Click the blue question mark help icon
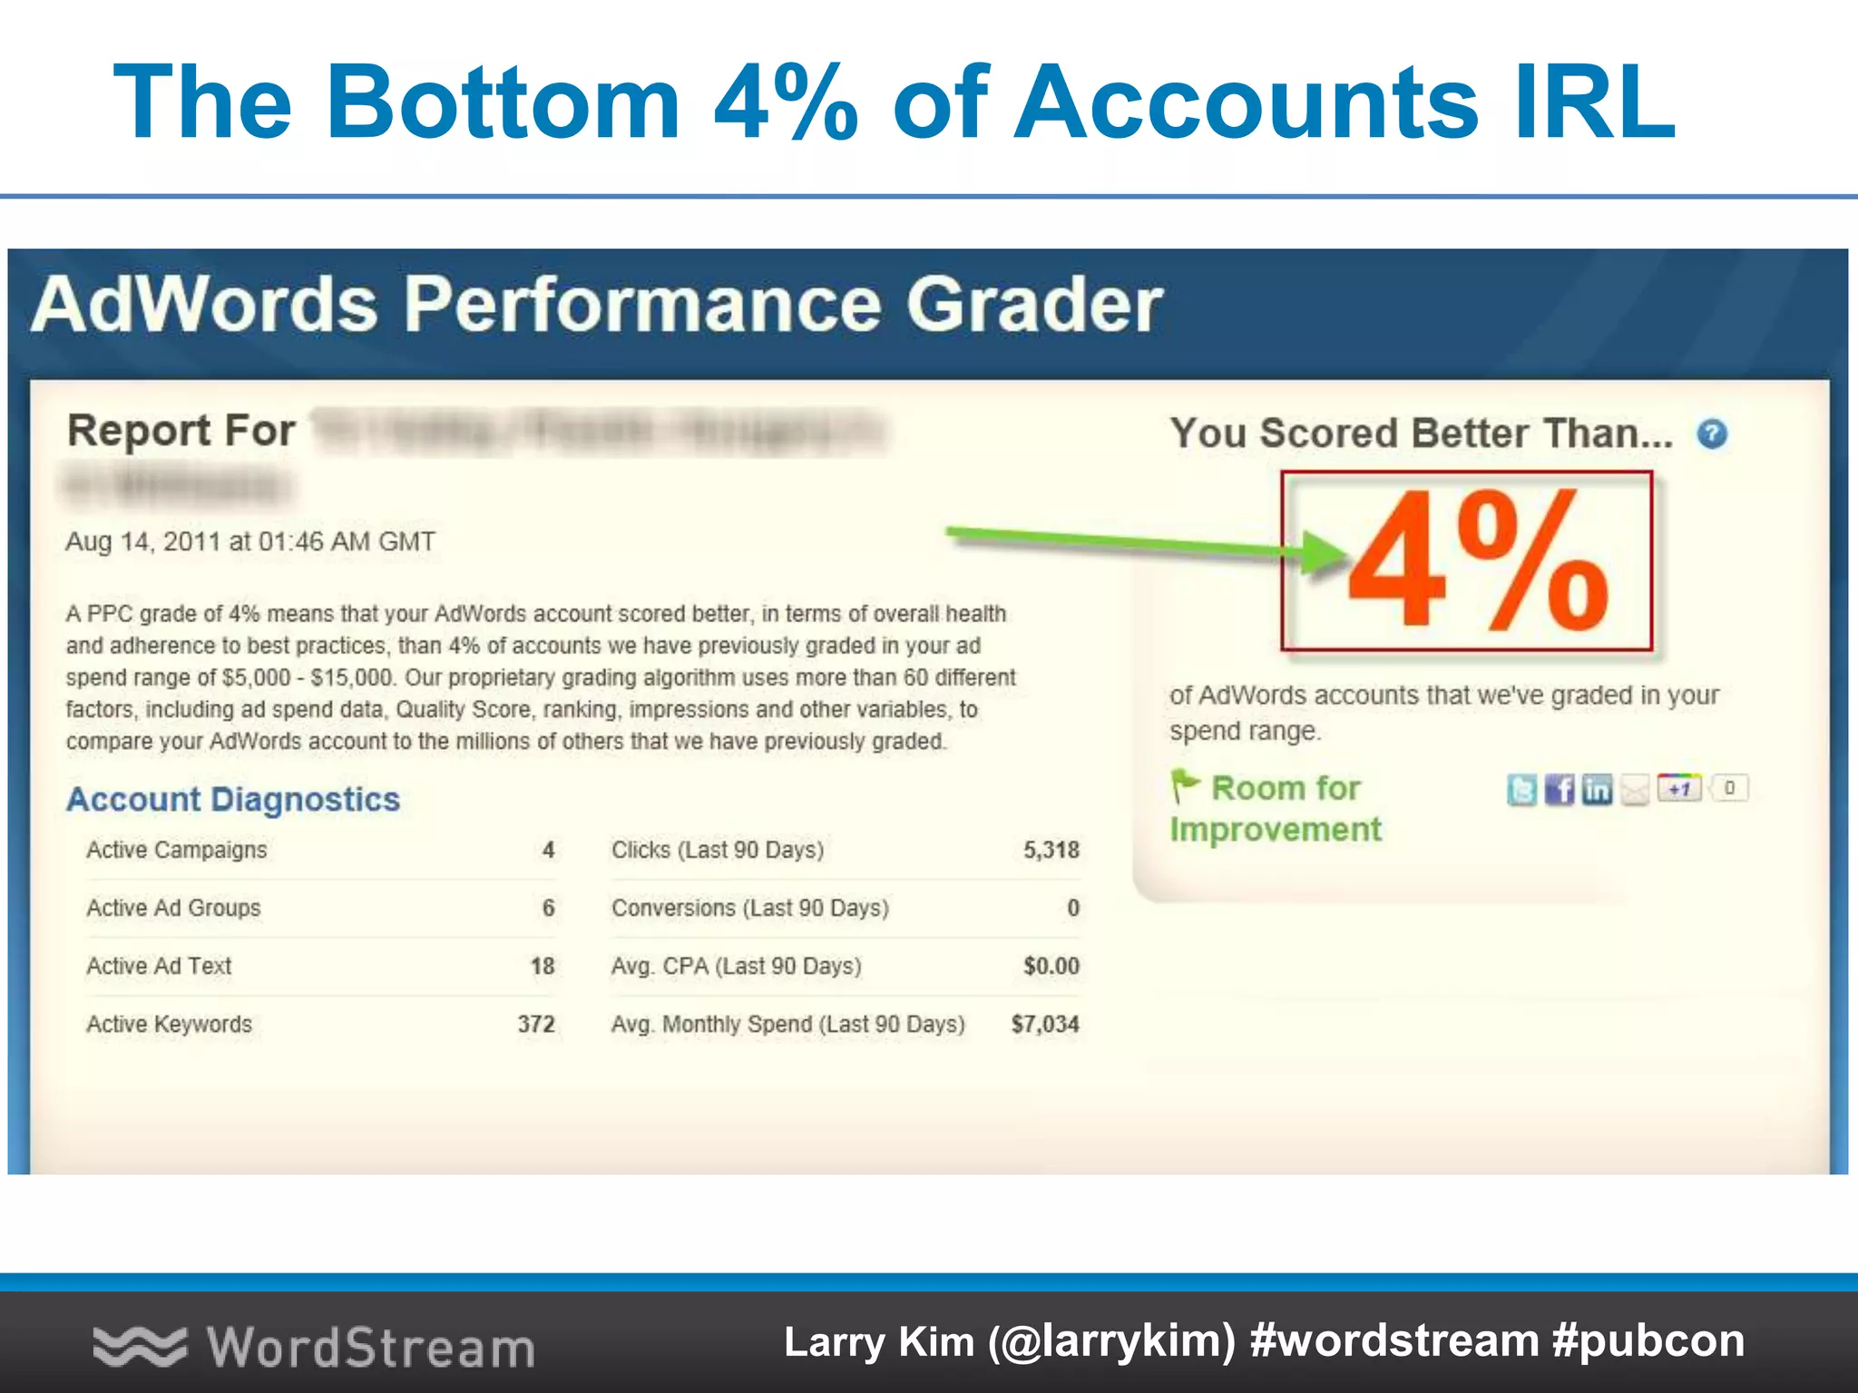(x=1712, y=434)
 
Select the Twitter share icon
(x=1521, y=789)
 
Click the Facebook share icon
(x=1560, y=789)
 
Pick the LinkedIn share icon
(x=1597, y=789)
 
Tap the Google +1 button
(x=1678, y=788)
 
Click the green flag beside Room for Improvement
(x=1184, y=785)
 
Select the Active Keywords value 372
(x=535, y=1024)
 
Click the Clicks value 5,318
(x=1051, y=850)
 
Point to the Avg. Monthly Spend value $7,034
(x=1045, y=1024)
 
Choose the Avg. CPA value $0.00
(x=1051, y=966)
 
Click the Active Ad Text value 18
(x=542, y=966)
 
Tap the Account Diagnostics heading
(x=233, y=799)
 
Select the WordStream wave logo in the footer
(x=140, y=1346)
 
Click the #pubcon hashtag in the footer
(x=1648, y=1341)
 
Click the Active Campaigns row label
(x=177, y=850)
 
